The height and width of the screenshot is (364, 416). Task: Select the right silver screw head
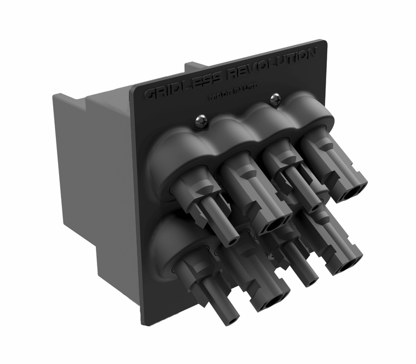coord(275,99)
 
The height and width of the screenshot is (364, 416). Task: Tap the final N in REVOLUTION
coord(311,53)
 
